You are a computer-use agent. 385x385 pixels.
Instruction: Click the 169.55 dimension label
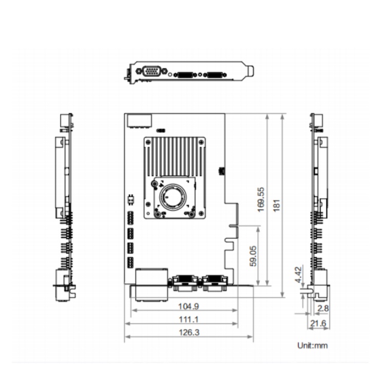pos(261,199)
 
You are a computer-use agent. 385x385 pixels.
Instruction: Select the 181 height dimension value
pos(277,205)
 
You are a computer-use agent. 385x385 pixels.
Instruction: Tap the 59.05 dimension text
pos(253,256)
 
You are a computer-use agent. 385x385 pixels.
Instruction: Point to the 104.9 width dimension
pos(188,306)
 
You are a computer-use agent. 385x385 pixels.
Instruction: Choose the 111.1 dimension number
pos(188,319)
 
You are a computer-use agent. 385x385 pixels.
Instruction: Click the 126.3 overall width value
pos(189,333)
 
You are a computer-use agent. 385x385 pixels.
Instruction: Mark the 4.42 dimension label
pos(298,275)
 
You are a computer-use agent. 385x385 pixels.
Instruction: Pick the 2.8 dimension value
pos(323,309)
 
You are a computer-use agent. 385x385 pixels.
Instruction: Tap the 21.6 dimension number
pos(318,323)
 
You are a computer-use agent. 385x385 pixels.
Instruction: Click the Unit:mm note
pos(312,345)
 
